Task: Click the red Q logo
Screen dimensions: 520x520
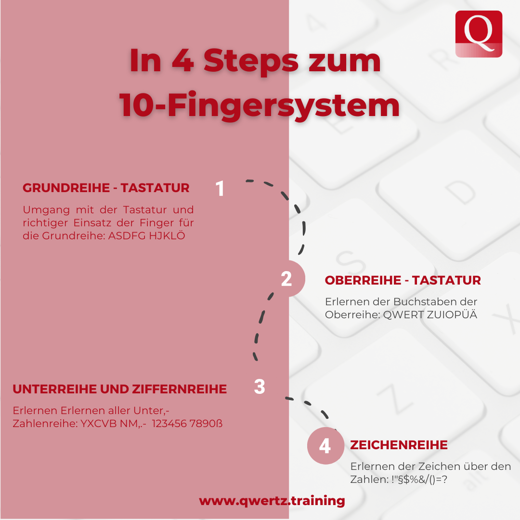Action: click(x=479, y=34)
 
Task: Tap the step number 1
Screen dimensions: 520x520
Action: click(x=220, y=188)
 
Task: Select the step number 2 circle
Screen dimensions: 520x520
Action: click(x=287, y=279)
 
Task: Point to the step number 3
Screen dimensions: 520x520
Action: click(x=260, y=387)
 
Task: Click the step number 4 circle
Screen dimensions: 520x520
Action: click(x=325, y=445)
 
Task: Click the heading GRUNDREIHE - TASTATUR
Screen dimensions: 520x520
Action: click(x=106, y=188)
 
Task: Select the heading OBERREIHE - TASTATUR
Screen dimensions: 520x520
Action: click(x=403, y=280)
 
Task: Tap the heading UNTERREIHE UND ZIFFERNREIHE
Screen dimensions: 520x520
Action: click(x=120, y=389)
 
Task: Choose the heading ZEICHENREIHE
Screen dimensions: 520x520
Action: click(x=399, y=445)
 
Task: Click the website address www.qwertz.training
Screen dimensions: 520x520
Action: click(x=272, y=500)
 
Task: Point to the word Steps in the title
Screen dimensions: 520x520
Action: click(x=251, y=61)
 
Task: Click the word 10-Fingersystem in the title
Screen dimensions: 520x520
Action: click(x=260, y=105)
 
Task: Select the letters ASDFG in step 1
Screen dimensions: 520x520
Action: click(x=127, y=236)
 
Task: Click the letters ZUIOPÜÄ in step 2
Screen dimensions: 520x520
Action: click(x=452, y=314)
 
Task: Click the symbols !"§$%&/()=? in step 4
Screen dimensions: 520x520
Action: click(x=419, y=480)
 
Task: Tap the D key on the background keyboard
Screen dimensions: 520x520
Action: click(x=460, y=192)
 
